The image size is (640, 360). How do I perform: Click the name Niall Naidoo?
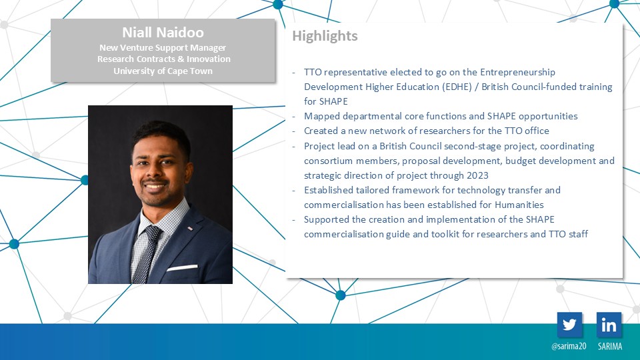coord(163,32)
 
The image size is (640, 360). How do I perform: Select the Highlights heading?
coord(325,36)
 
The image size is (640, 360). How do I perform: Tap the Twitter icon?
coord(569,325)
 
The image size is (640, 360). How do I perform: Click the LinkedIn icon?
coord(609,325)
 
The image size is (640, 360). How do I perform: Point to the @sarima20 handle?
coord(569,346)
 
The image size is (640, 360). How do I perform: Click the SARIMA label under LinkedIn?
coord(610,346)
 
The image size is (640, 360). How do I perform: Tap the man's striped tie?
coord(147,254)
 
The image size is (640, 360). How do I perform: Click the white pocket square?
coord(182,268)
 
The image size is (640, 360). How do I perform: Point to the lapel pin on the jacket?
coord(190,228)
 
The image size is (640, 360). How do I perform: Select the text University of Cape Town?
coord(163,71)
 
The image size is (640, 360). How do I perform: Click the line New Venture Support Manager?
coord(163,48)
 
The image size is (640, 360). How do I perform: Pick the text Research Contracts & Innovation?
coord(164,59)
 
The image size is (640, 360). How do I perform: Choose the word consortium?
coord(328,161)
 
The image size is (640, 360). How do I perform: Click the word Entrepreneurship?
coord(517,73)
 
